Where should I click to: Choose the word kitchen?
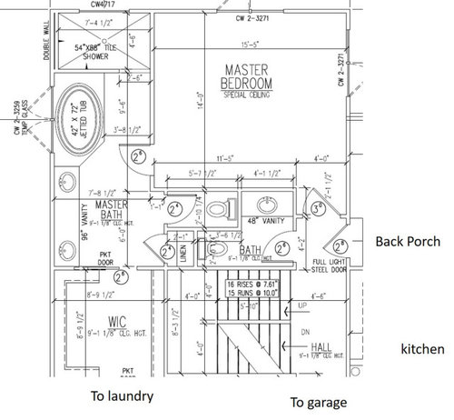(424, 349)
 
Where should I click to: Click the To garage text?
(318, 401)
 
